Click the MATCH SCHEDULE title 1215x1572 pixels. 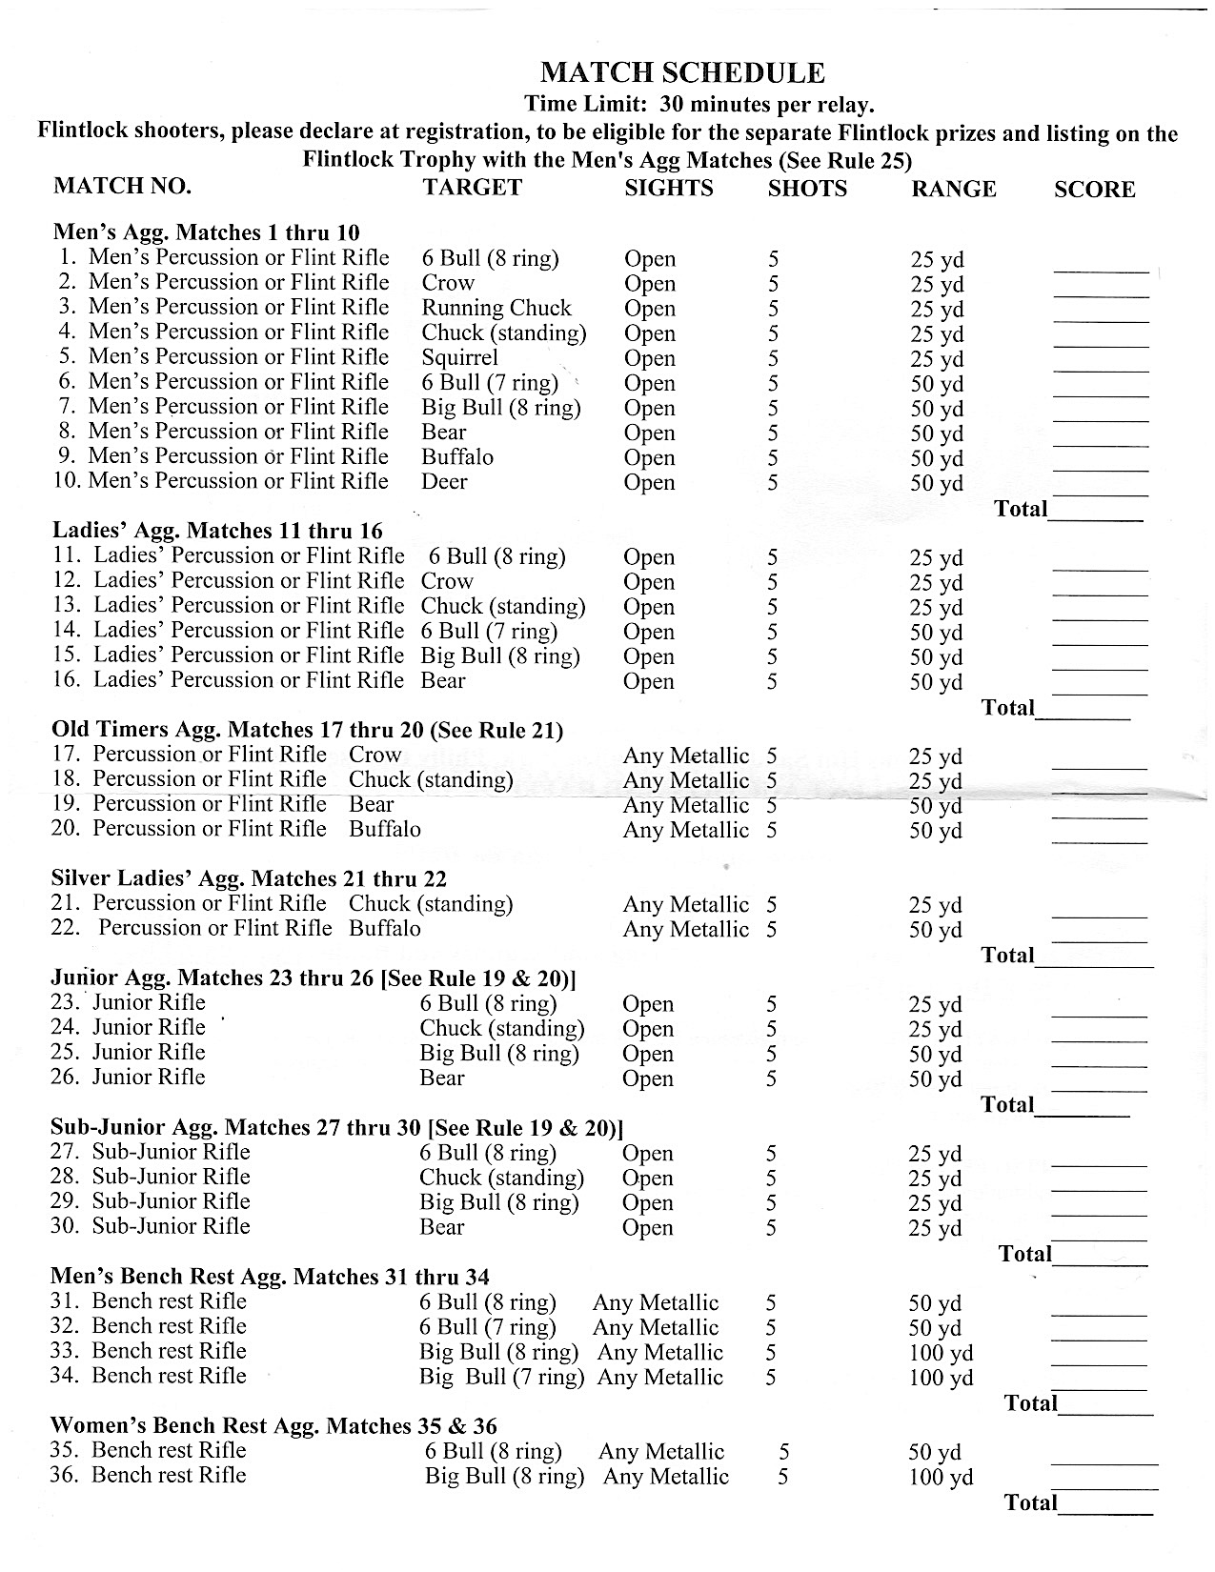coord(682,73)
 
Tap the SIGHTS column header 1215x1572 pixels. coord(668,188)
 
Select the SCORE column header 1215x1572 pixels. coord(1094,190)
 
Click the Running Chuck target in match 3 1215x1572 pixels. coord(496,308)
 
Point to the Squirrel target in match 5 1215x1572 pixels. coord(460,357)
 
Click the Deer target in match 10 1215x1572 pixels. coord(444,481)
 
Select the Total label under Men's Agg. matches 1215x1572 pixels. coord(1021,508)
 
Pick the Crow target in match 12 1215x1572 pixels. coord(446,581)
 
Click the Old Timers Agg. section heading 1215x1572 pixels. coord(307,730)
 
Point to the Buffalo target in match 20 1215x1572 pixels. coord(385,829)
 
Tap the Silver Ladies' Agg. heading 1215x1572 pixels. coord(249,878)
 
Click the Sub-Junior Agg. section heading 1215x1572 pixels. coord(336,1128)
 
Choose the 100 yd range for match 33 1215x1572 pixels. coord(941,1353)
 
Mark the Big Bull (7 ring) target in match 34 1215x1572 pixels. coord(501,1378)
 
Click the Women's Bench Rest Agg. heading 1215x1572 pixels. coord(273,1426)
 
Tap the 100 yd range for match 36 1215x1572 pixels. coord(941,1478)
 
